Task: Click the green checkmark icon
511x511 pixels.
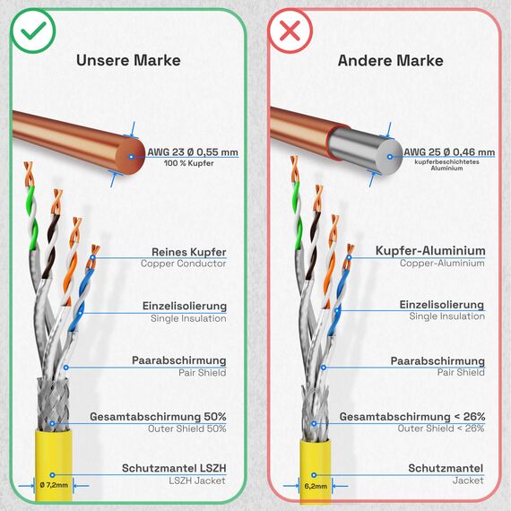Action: [33, 31]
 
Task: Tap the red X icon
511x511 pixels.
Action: [290, 31]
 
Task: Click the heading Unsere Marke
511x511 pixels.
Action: [128, 60]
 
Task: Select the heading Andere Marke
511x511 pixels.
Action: [390, 61]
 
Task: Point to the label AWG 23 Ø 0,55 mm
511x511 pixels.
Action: [193, 152]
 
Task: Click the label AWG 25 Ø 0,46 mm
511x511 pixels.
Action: [449, 152]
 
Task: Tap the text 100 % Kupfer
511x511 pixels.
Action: [188, 163]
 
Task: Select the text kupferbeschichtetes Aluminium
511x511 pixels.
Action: [446, 165]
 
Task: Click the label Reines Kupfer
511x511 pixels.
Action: [189, 252]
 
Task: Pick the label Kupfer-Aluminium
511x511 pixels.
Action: [430, 251]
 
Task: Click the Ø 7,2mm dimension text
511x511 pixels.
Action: [54, 485]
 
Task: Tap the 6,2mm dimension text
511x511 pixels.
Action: [316, 486]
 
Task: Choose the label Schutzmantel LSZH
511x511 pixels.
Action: [174, 468]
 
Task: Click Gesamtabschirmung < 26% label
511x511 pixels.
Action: [412, 417]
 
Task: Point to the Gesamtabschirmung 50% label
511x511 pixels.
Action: [158, 417]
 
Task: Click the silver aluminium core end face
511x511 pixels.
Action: [389, 157]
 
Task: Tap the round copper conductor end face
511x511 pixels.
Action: [131, 157]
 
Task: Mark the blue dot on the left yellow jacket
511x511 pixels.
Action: [52, 475]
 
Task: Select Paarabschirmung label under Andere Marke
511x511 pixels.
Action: [437, 360]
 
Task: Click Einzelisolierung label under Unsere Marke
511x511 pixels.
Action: [185, 306]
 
